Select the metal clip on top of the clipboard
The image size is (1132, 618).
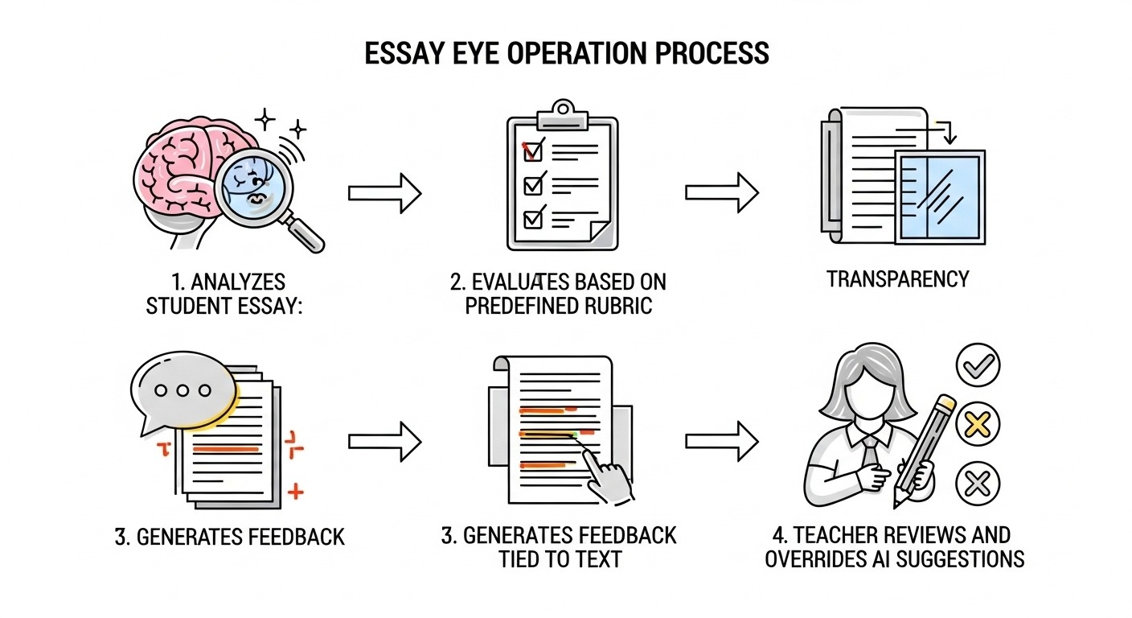tap(562, 113)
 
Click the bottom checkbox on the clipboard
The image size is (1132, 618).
tap(533, 218)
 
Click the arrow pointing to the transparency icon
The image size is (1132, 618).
tap(721, 192)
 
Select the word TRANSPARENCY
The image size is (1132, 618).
tap(898, 279)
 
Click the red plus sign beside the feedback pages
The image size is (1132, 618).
tap(296, 490)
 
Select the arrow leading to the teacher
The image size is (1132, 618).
tap(721, 441)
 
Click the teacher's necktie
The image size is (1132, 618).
tap(870, 455)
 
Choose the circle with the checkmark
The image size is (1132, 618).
tap(978, 367)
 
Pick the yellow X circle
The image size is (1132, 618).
tap(977, 424)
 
